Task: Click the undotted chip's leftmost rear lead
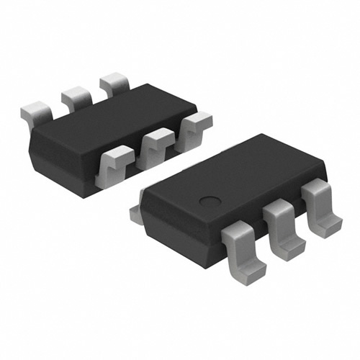[x=34, y=110]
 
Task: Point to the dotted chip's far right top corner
[x=325, y=169]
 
